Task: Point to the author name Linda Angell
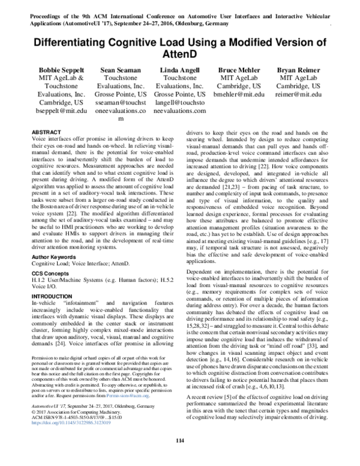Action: coord(179,70)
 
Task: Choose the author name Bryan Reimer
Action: coord(298,70)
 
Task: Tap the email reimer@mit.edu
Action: coord(298,94)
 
